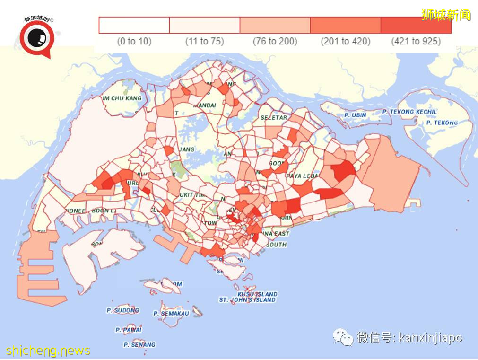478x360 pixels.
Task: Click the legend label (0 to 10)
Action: (x=134, y=42)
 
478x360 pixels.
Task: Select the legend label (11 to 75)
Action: (x=204, y=42)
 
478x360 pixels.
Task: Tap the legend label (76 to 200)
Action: (x=275, y=42)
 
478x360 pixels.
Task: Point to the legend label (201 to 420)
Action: (x=345, y=42)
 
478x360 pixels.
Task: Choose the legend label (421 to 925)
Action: (x=416, y=42)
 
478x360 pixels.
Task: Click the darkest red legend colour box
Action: (x=416, y=25)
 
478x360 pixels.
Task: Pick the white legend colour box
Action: (x=134, y=25)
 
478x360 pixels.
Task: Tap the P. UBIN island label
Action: (x=355, y=115)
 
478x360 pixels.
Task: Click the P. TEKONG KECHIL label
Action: (x=410, y=112)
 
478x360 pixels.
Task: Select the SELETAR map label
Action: (x=273, y=117)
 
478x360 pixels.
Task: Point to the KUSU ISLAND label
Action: (x=257, y=294)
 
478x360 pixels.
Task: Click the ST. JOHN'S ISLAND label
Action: (x=247, y=300)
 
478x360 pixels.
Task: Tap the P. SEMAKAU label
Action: (x=171, y=313)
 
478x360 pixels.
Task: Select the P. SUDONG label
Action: (x=122, y=310)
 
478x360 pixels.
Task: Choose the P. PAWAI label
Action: (x=129, y=330)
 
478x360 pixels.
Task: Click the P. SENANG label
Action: (x=139, y=344)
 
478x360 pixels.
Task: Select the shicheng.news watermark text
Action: (x=48, y=351)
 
